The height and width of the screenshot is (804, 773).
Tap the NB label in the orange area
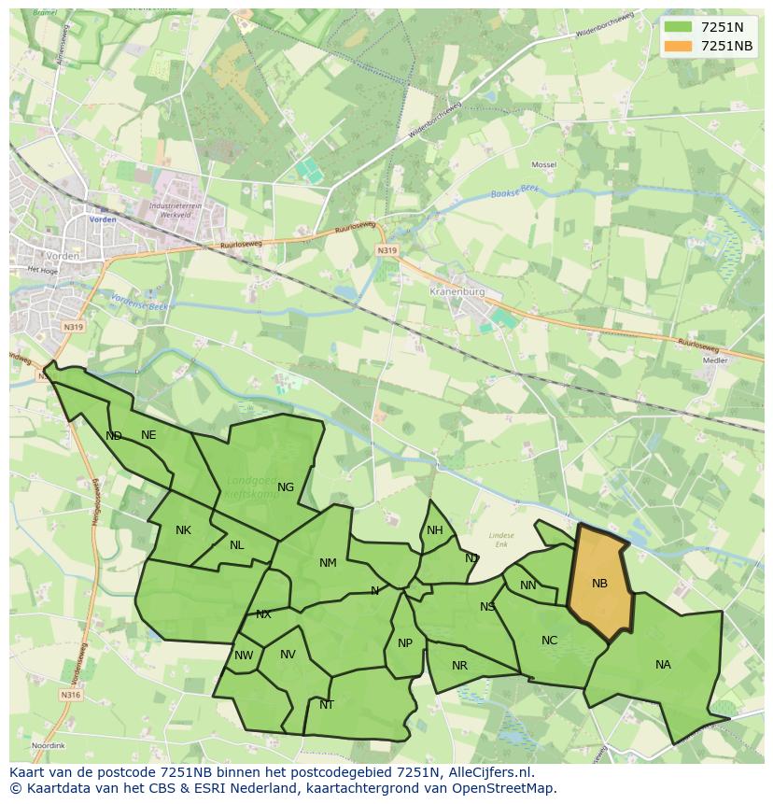(599, 584)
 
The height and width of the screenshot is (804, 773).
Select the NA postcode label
(663, 665)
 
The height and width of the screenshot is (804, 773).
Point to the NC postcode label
(549, 641)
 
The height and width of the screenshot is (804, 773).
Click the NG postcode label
(286, 487)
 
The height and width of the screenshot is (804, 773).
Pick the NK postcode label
(183, 530)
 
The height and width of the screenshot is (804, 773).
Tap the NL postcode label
(237, 545)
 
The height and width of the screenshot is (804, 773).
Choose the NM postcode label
(328, 563)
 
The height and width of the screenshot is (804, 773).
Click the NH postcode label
(435, 530)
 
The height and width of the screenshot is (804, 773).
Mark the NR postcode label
(459, 666)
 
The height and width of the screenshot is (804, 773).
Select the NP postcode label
(405, 643)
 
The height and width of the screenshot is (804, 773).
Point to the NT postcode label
(327, 705)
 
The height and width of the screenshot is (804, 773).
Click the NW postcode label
(244, 656)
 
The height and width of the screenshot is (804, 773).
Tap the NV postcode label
(288, 655)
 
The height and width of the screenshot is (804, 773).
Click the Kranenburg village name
(457, 291)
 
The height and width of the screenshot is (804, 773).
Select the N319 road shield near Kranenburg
(387, 251)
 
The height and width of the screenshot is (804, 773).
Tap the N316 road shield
(72, 695)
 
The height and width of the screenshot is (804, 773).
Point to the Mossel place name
(543, 165)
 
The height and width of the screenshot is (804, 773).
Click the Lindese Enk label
(501, 539)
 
